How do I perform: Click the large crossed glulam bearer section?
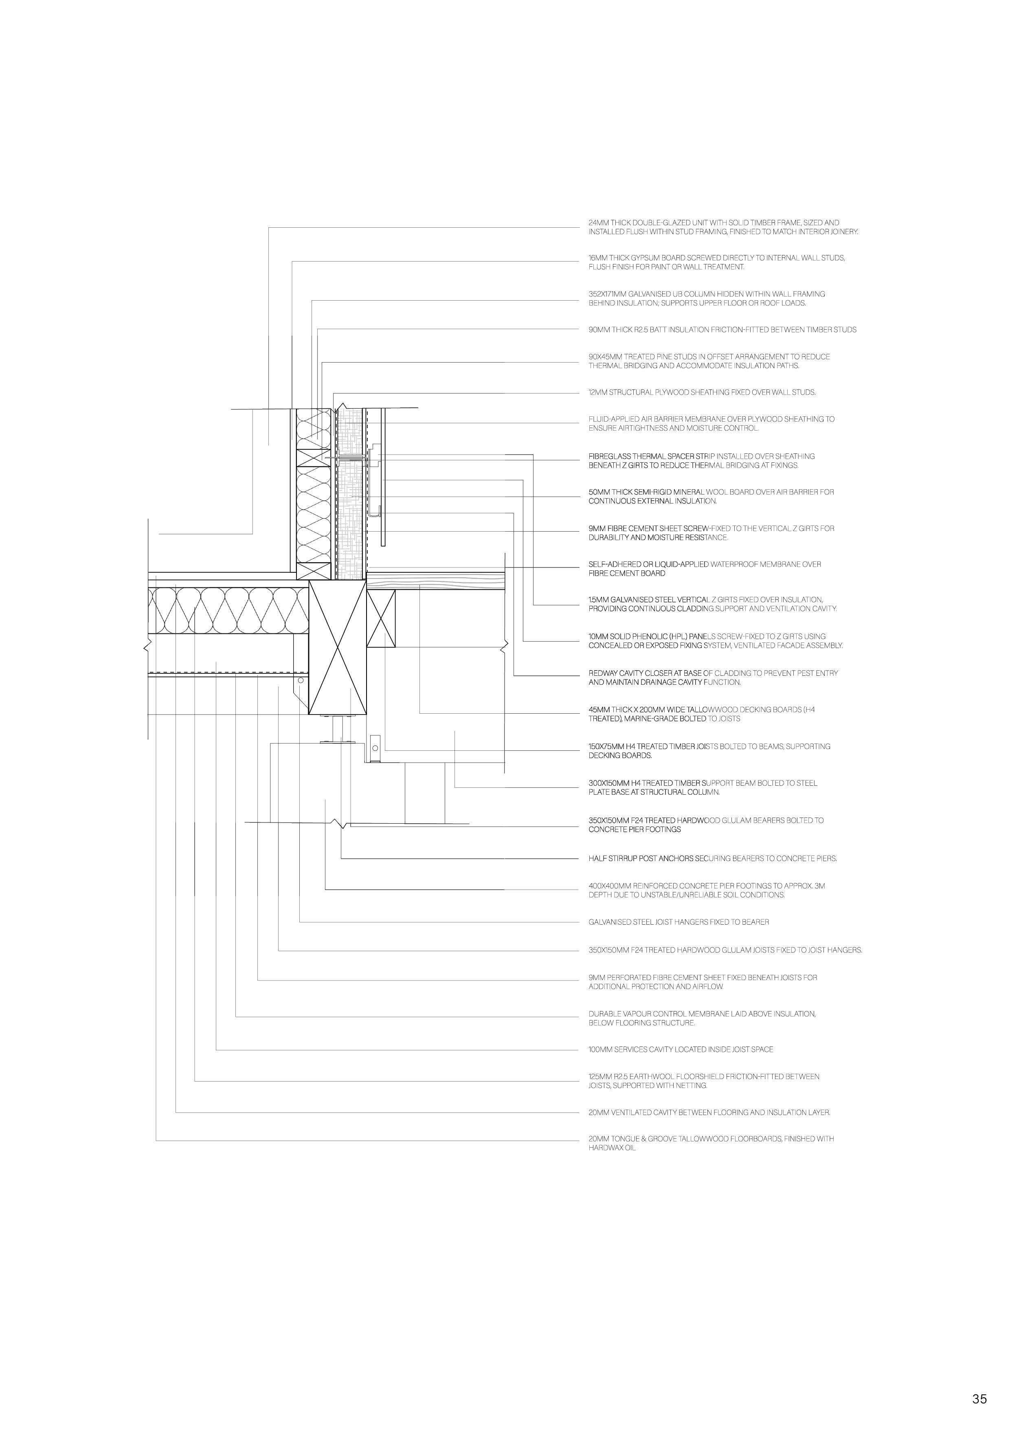pyautogui.click(x=337, y=647)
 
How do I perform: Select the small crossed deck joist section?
pyautogui.click(x=381, y=619)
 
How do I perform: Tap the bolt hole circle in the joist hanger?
pyautogui.click(x=300, y=681)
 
